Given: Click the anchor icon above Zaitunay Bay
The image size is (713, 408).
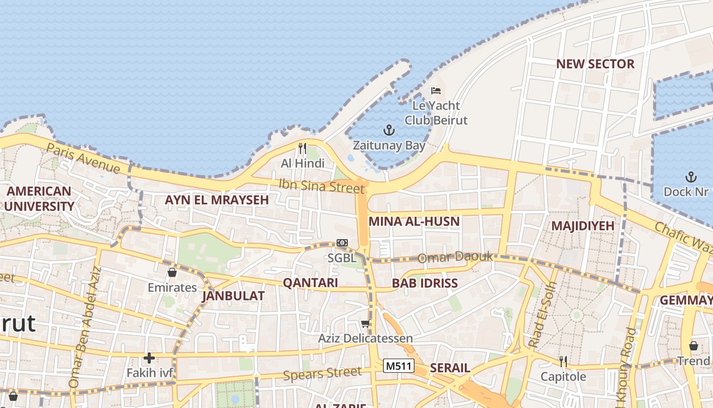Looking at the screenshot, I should point(389,130).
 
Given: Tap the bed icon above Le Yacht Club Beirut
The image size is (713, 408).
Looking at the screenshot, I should point(436,91).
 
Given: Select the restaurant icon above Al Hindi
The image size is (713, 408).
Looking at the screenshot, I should point(303,148).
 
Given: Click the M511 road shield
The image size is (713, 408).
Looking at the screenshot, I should point(399,366).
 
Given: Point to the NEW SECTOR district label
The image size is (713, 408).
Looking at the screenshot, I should point(595,64).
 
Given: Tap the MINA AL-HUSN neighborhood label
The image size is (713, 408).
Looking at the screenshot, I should point(414,221).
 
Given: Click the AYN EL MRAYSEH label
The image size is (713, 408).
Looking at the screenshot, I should point(216,200).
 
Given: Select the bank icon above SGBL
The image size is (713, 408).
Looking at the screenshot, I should point(342,243).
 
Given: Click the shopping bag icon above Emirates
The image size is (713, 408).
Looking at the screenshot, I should point(172,272).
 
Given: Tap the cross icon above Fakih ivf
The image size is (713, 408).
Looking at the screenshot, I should point(149,358).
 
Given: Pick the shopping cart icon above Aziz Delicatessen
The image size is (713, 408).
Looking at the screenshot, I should point(365,323).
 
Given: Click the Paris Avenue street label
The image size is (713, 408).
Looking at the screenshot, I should point(83,158).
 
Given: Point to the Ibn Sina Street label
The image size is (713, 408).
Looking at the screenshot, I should point(322,186).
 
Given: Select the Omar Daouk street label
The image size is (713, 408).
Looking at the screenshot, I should point(455,258).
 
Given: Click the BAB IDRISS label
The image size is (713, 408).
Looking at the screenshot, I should point(425,284).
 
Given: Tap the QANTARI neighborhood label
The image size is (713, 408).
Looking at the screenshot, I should point(310,283).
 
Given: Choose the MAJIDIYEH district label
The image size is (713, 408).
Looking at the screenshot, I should point(583,225).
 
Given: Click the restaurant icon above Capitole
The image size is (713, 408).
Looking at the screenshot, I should point(563,362).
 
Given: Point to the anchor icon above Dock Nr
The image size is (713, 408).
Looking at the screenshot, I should point(691,177).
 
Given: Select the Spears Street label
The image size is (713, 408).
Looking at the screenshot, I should point(322,374).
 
